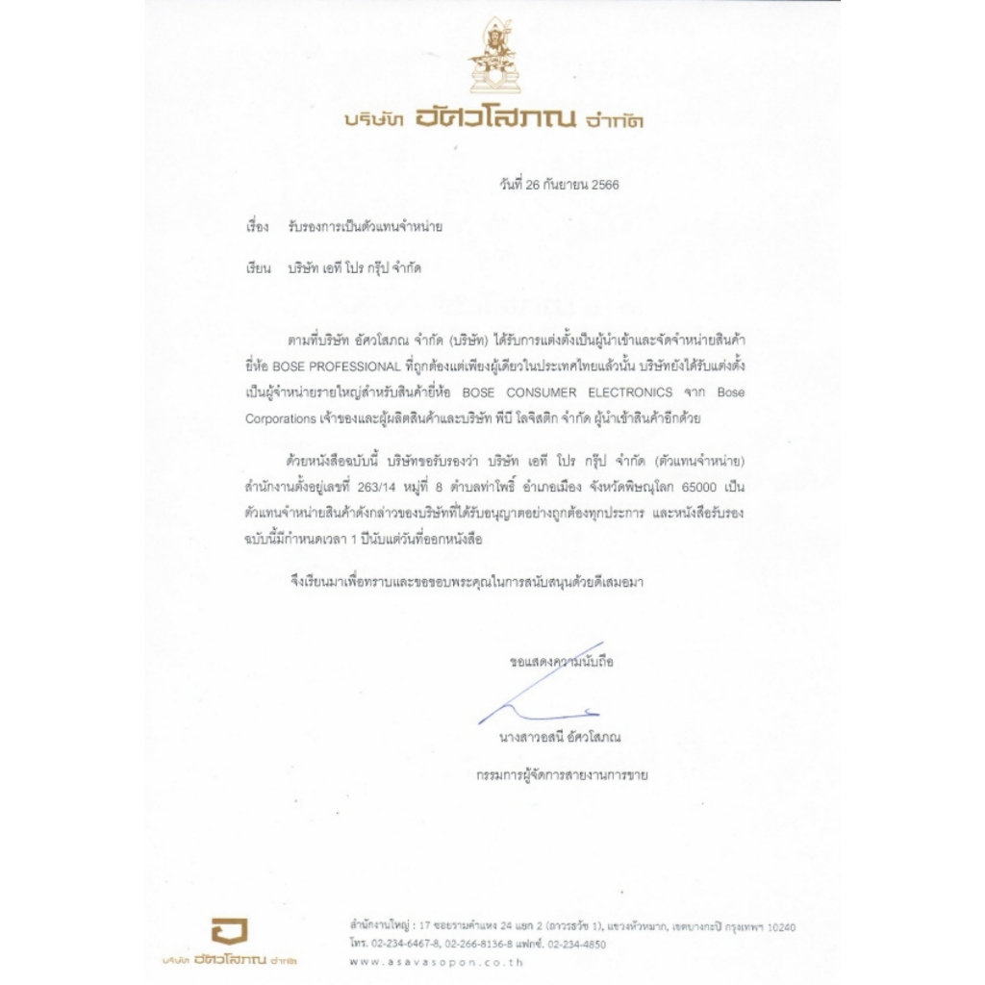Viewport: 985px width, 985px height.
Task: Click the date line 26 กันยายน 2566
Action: point(559,185)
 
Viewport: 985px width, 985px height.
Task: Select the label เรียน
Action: point(257,268)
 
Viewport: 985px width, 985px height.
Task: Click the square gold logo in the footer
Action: point(229,931)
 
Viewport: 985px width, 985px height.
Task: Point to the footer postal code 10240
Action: point(777,926)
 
